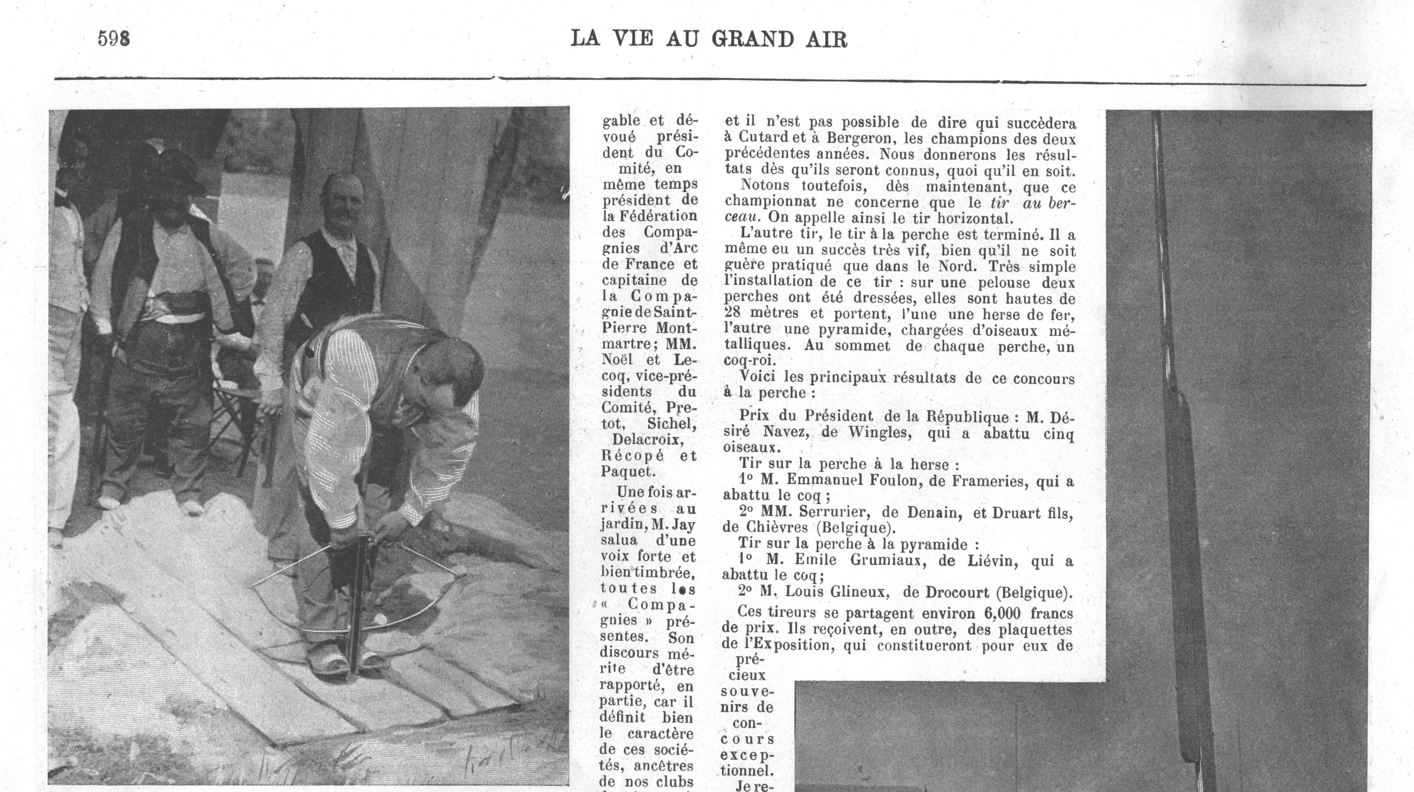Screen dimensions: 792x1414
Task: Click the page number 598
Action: click(x=114, y=38)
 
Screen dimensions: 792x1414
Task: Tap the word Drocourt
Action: click(x=957, y=592)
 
